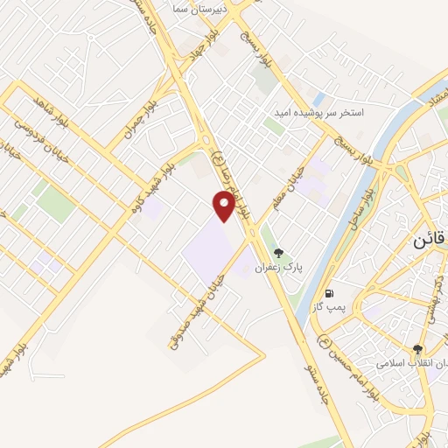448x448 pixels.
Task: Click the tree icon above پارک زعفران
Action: click(x=278, y=253)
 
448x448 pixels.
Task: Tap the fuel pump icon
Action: click(x=328, y=293)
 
